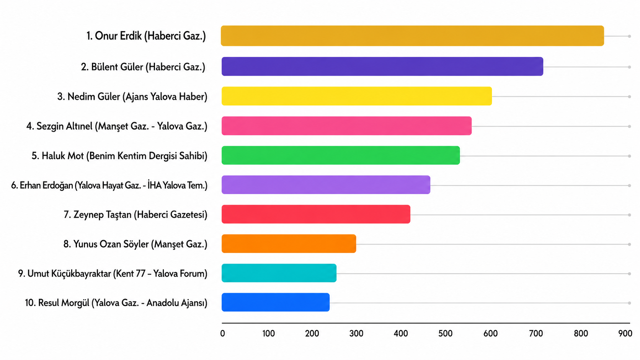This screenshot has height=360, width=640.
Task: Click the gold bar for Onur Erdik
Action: point(412,36)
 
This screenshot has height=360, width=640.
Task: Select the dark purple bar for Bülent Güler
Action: point(382,67)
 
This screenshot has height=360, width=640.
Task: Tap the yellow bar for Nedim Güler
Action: point(357,96)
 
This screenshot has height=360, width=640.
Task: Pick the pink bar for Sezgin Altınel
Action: point(346,126)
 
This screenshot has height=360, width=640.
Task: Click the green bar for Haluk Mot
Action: point(341,155)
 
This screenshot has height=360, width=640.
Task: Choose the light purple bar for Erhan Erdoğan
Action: point(326,185)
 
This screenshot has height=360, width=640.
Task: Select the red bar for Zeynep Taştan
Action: point(316,214)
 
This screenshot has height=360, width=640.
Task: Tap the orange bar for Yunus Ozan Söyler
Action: point(289,244)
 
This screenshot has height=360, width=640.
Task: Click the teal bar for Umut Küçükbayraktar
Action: point(279,273)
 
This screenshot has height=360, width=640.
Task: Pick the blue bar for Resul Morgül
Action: point(276,302)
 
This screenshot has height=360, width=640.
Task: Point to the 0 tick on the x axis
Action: point(222,334)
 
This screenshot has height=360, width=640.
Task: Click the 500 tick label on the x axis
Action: point(446,334)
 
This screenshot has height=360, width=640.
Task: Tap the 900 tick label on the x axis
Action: point(625,334)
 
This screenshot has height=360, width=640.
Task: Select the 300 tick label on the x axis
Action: point(356,334)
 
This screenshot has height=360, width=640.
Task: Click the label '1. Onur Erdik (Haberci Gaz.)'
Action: point(146,36)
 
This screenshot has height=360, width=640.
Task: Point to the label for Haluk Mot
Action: point(119,156)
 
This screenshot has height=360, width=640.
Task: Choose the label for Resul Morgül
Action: point(116,303)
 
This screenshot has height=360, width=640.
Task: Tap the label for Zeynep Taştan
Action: point(136,215)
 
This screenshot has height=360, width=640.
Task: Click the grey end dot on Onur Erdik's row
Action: point(629,36)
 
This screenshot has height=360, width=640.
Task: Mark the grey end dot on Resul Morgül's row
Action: point(629,303)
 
